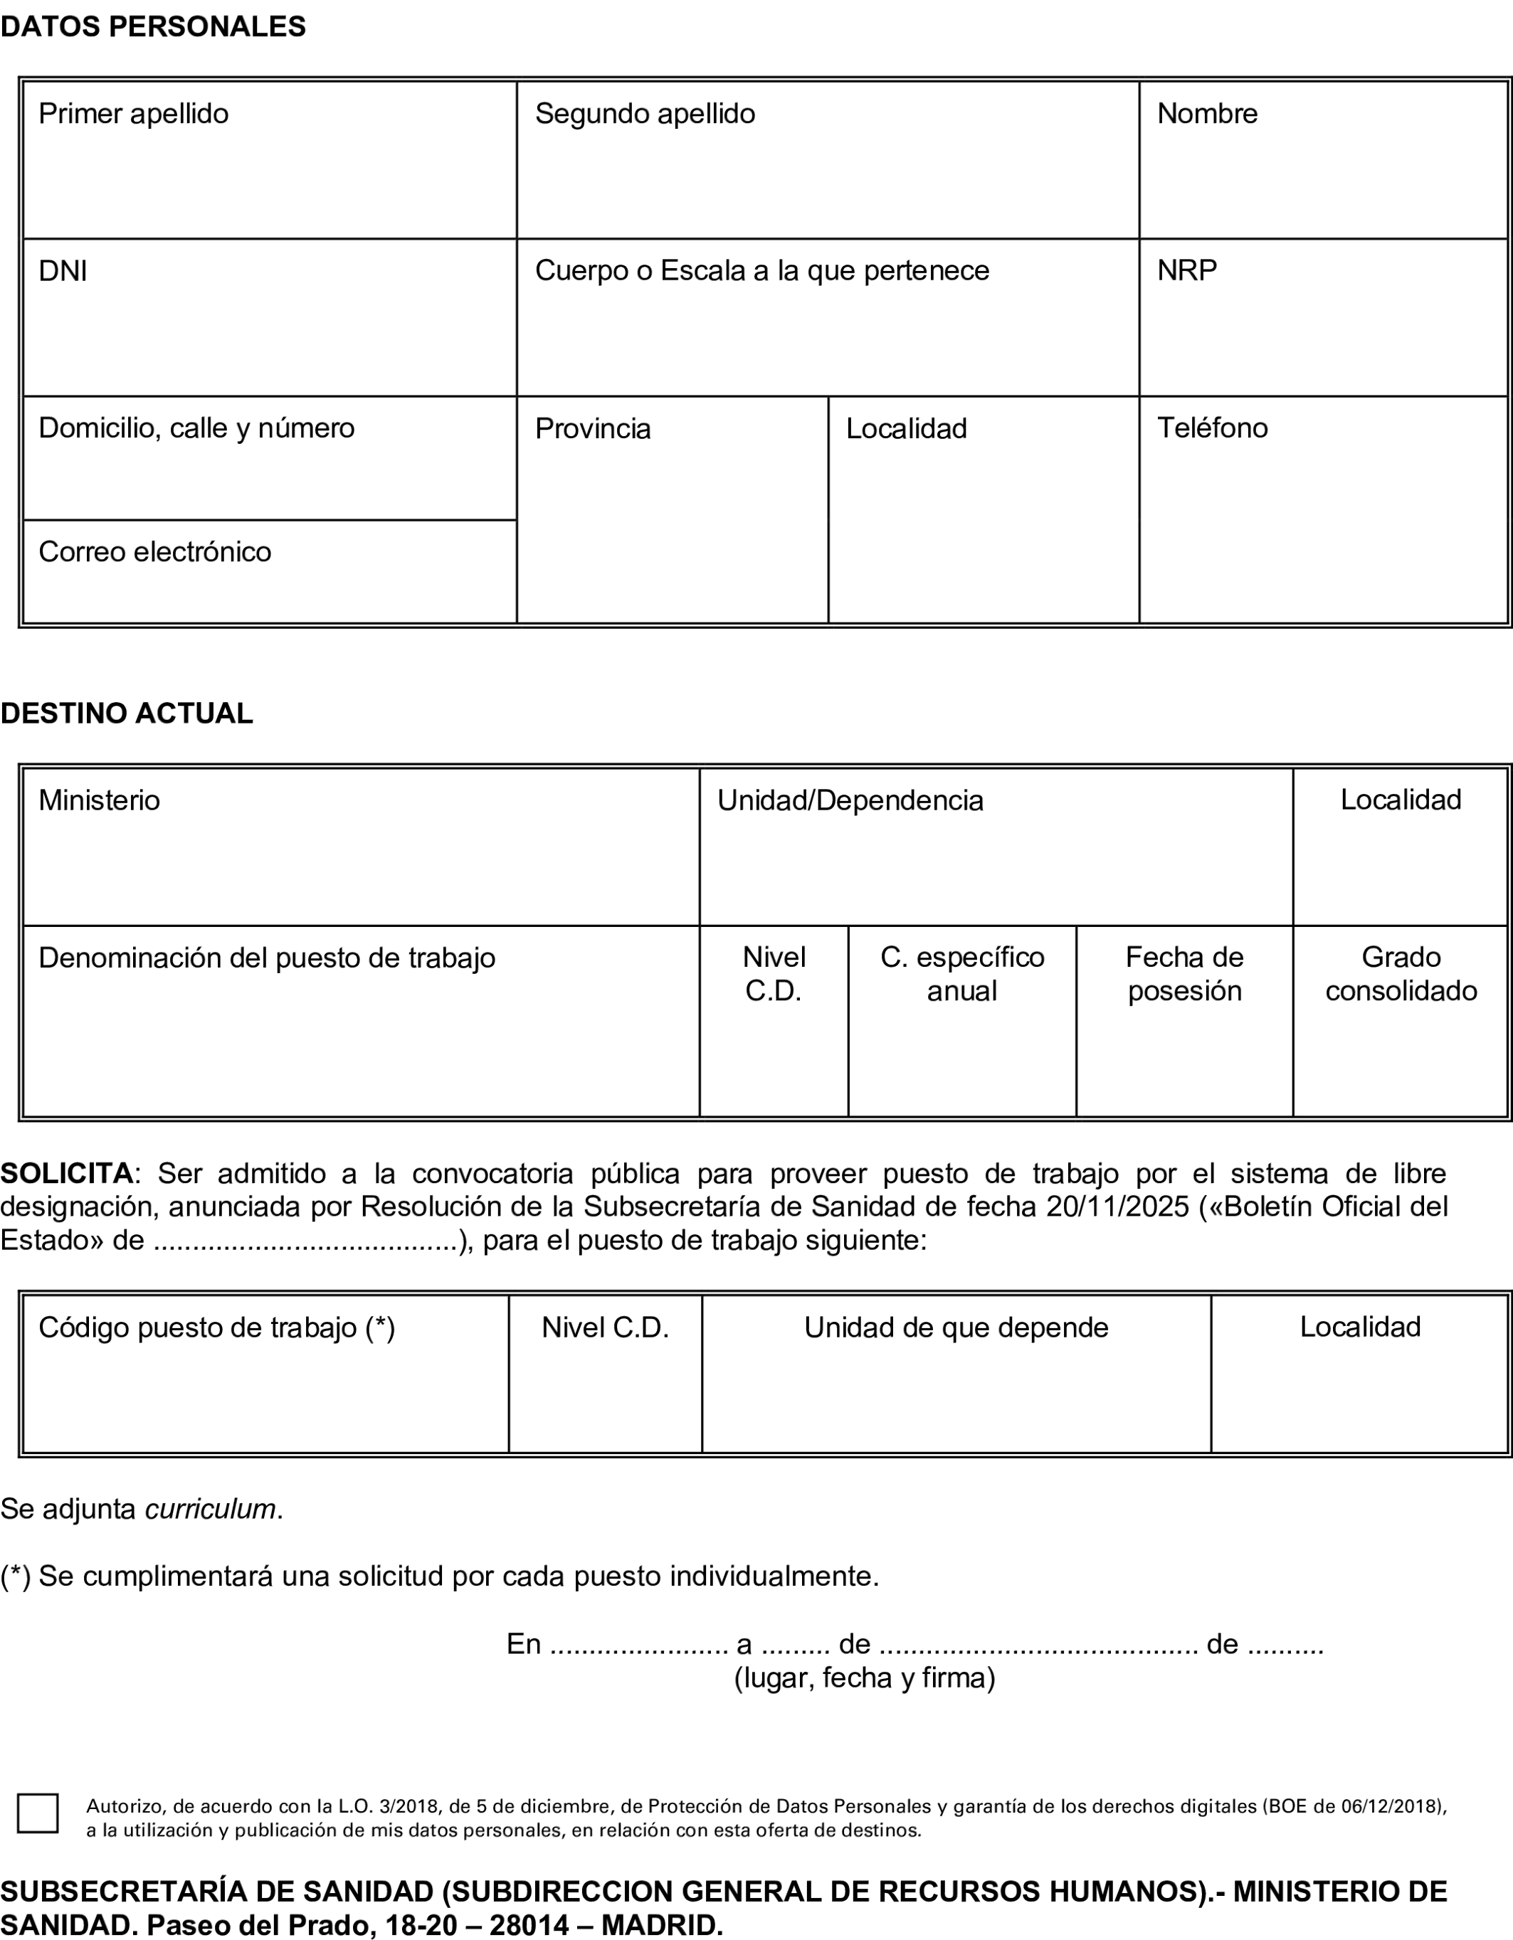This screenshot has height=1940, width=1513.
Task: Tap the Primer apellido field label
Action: (133, 114)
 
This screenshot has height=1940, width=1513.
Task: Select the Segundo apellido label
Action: (644, 114)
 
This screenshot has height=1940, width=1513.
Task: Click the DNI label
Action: (62, 271)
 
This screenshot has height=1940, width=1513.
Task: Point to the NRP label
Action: (1186, 270)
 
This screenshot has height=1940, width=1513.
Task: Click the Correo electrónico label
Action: (154, 551)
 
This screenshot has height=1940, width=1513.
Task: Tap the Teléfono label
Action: (1212, 428)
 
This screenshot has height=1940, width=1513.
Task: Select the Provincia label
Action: (593, 429)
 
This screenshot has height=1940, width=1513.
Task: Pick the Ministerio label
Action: (99, 800)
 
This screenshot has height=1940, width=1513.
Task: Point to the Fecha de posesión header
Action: (1183, 973)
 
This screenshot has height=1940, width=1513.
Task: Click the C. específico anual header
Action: (961, 973)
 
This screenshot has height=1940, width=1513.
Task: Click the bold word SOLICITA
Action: (67, 1173)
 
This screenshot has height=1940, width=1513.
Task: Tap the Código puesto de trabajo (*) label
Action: (217, 1327)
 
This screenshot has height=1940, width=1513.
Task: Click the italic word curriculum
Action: (211, 1509)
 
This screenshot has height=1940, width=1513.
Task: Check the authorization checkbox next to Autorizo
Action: (37, 1813)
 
